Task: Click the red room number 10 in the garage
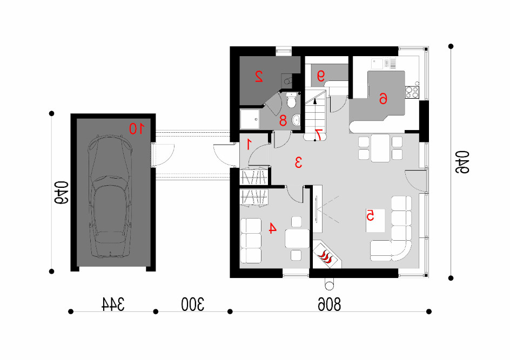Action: point(137,128)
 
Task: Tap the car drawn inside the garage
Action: point(110,197)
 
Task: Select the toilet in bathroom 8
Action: point(291,100)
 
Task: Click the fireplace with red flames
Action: point(326,255)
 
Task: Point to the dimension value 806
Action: point(329,304)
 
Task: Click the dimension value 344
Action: point(113,304)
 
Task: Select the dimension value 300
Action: point(192,304)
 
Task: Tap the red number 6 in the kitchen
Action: point(384,98)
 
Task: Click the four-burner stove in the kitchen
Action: point(412,92)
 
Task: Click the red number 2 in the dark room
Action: point(259,76)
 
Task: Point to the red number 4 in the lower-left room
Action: point(272,228)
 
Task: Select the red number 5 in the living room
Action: point(371,215)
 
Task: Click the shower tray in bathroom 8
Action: point(250,119)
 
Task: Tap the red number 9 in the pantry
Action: point(321,76)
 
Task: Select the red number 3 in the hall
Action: point(298,162)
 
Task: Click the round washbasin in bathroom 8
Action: point(296,120)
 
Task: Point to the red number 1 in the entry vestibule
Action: point(249,144)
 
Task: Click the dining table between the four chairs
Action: point(380,148)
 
